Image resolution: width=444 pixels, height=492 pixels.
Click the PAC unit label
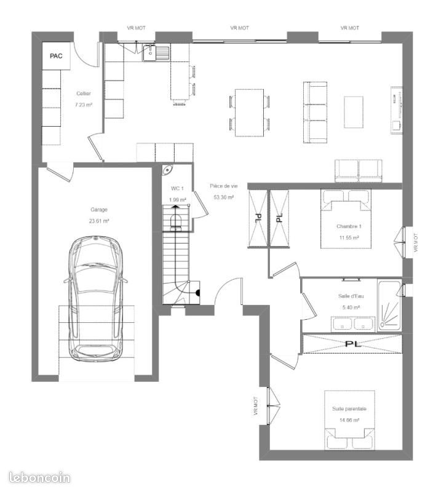(56, 56)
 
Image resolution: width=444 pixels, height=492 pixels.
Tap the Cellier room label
(84, 93)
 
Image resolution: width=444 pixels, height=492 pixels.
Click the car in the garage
(96, 299)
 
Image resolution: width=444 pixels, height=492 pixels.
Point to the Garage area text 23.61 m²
(99, 221)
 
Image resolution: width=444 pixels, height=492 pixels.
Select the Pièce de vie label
(224, 186)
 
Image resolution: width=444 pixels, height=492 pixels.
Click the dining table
(250, 113)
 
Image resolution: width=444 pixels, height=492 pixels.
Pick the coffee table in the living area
(354, 112)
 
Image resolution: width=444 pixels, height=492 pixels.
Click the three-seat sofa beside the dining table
(315, 113)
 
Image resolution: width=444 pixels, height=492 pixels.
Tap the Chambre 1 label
(349, 226)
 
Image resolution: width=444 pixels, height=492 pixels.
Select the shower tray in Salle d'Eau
(390, 305)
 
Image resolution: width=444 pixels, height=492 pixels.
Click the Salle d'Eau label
(351, 296)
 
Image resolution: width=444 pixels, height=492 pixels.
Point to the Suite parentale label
(349, 409)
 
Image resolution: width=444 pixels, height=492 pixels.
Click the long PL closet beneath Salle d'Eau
(352, 344)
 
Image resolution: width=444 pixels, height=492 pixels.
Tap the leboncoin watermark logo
(39, 478)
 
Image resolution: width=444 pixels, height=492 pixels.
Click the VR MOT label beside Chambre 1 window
(416, 242)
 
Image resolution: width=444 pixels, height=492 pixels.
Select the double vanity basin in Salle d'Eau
(353, 324)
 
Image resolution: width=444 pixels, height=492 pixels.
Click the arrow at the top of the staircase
(175, 207)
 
